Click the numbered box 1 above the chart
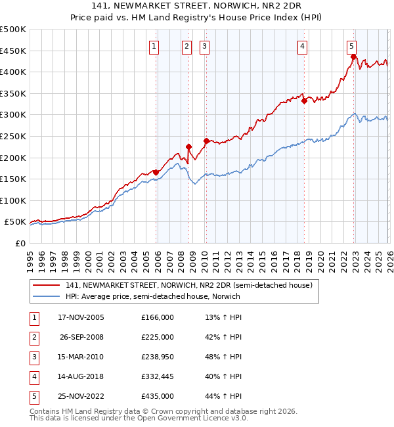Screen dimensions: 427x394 coord(154,46)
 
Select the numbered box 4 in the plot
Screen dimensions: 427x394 coord(302,46)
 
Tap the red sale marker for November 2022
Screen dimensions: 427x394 coord(353,57)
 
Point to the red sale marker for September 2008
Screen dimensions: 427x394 coord(188,147)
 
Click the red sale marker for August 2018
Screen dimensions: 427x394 coord(304,101)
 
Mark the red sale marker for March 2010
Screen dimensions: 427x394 coord(206,141)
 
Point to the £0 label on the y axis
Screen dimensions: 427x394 coord(20,244)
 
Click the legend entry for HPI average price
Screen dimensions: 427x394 coord(153,296)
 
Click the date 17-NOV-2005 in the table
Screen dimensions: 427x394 coord(81,317)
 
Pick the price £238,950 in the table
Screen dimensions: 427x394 coord(158,357)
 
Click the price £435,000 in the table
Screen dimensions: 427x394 coord(158,396)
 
